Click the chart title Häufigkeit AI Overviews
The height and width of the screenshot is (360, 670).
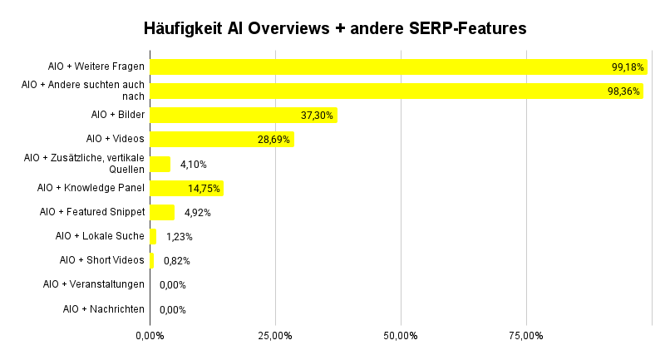coord(335,28)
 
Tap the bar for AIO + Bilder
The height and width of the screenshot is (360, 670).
coord(243,116)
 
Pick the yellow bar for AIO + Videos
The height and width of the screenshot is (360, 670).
coord(221,140)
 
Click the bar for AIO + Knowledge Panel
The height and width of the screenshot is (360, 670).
coord(186,188)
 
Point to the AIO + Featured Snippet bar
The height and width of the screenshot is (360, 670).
coord(161,212)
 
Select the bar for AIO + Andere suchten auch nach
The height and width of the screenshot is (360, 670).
coord(396,91)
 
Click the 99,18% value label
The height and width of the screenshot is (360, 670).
coord(628,67)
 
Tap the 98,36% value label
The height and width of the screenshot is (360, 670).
coord(623,91)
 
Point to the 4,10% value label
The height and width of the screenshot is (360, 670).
coord(193,164)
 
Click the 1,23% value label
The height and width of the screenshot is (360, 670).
coord(180,237)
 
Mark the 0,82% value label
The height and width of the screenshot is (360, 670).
coord(176,261)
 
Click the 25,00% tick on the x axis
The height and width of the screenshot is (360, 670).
coord(275,336)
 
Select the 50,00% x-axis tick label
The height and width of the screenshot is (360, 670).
coord(401,336)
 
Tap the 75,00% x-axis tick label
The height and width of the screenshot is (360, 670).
coord(526,336)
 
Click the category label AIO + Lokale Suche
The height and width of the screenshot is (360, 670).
coord(100,236)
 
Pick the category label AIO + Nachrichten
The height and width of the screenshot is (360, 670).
coord(104,309)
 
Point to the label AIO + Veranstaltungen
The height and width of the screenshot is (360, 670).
coord(94,284)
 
